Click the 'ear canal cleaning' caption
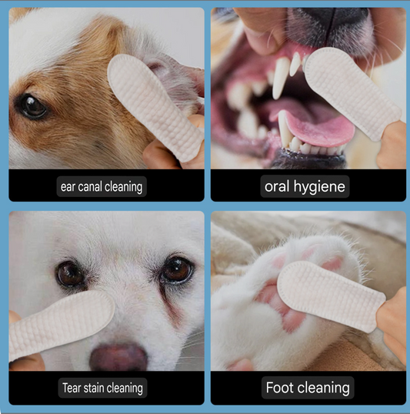point(102,186)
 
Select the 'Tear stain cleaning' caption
point(102,387)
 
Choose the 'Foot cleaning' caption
point(308,387)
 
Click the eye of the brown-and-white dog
point(32,106)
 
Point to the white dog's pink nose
point(118,356)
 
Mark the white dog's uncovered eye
point(177,269)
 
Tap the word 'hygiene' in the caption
point(322,186)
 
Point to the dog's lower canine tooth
point(285,129)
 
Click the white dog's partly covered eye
point(71,274)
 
